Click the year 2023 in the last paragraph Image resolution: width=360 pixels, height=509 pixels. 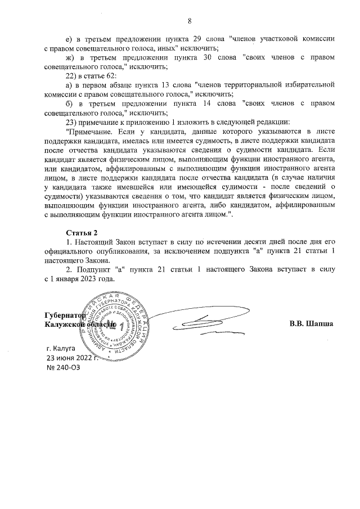86,279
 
